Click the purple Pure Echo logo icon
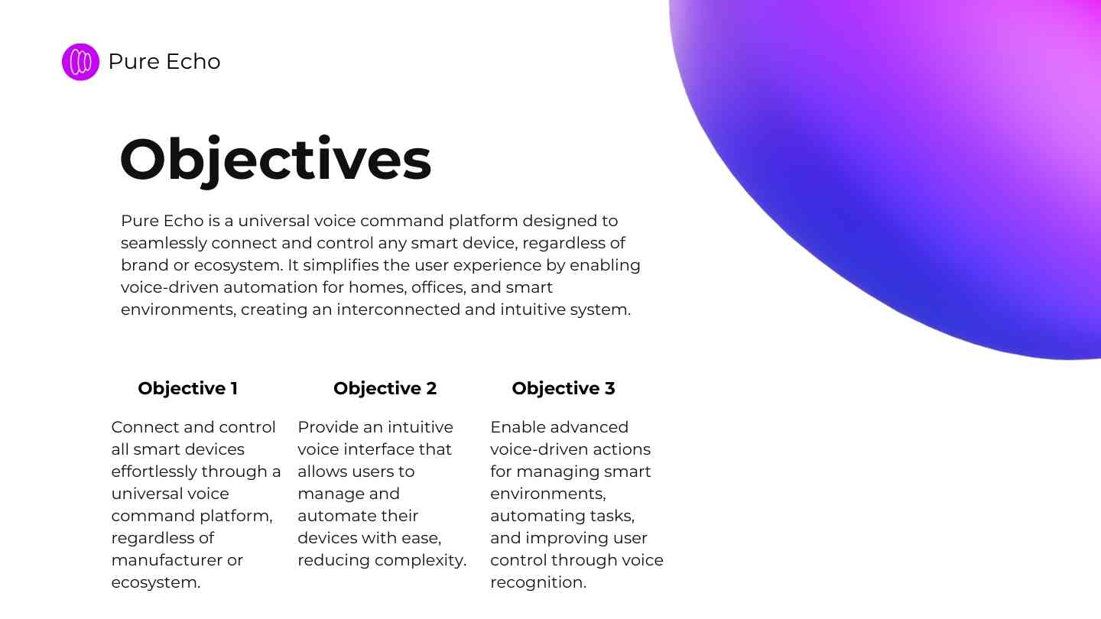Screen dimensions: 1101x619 pos(80,62)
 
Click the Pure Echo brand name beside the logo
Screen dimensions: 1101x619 pos(164,61)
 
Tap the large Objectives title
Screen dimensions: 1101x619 pos(275,160)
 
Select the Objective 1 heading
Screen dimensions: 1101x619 pos(188,388)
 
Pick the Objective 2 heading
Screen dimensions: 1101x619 pos(385,388)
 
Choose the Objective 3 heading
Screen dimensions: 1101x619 pos(563,388)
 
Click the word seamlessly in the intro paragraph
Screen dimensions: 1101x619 pos(164,243)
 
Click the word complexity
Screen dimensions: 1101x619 pos(421,561)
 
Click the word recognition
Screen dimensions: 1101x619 pos(538,582)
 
